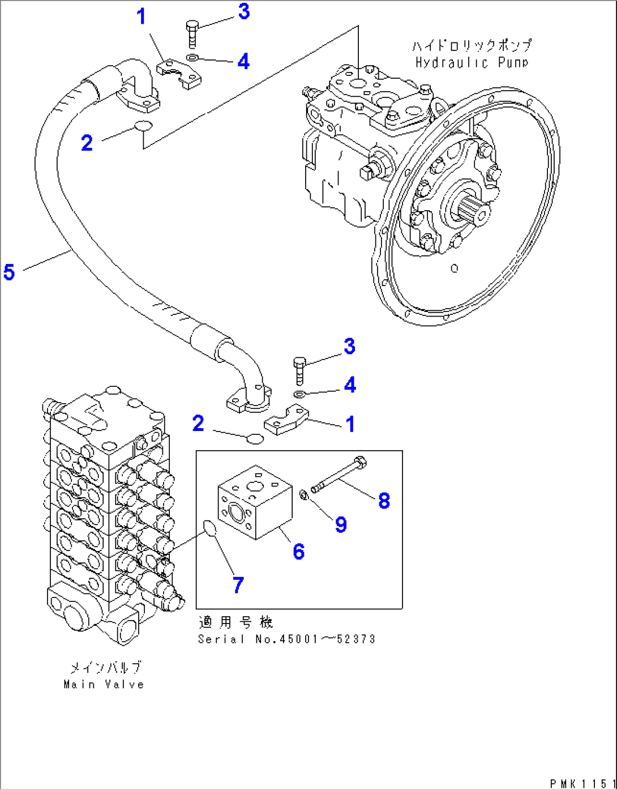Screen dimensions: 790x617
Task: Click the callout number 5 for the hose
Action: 9,272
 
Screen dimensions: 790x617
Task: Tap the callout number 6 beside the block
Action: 298,551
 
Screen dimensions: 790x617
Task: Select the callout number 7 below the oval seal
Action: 238,584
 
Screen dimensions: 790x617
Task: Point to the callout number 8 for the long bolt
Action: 384,501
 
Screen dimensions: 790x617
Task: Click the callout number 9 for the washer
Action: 340,524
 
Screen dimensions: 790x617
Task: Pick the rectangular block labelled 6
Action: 255,505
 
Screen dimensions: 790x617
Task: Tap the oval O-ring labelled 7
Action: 210,529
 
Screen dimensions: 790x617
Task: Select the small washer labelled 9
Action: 303,496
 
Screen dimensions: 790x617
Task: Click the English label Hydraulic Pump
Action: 472,63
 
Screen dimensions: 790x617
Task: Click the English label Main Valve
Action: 104,684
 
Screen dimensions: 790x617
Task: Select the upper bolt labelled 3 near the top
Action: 191,34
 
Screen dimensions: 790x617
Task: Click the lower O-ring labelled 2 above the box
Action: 255,438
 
